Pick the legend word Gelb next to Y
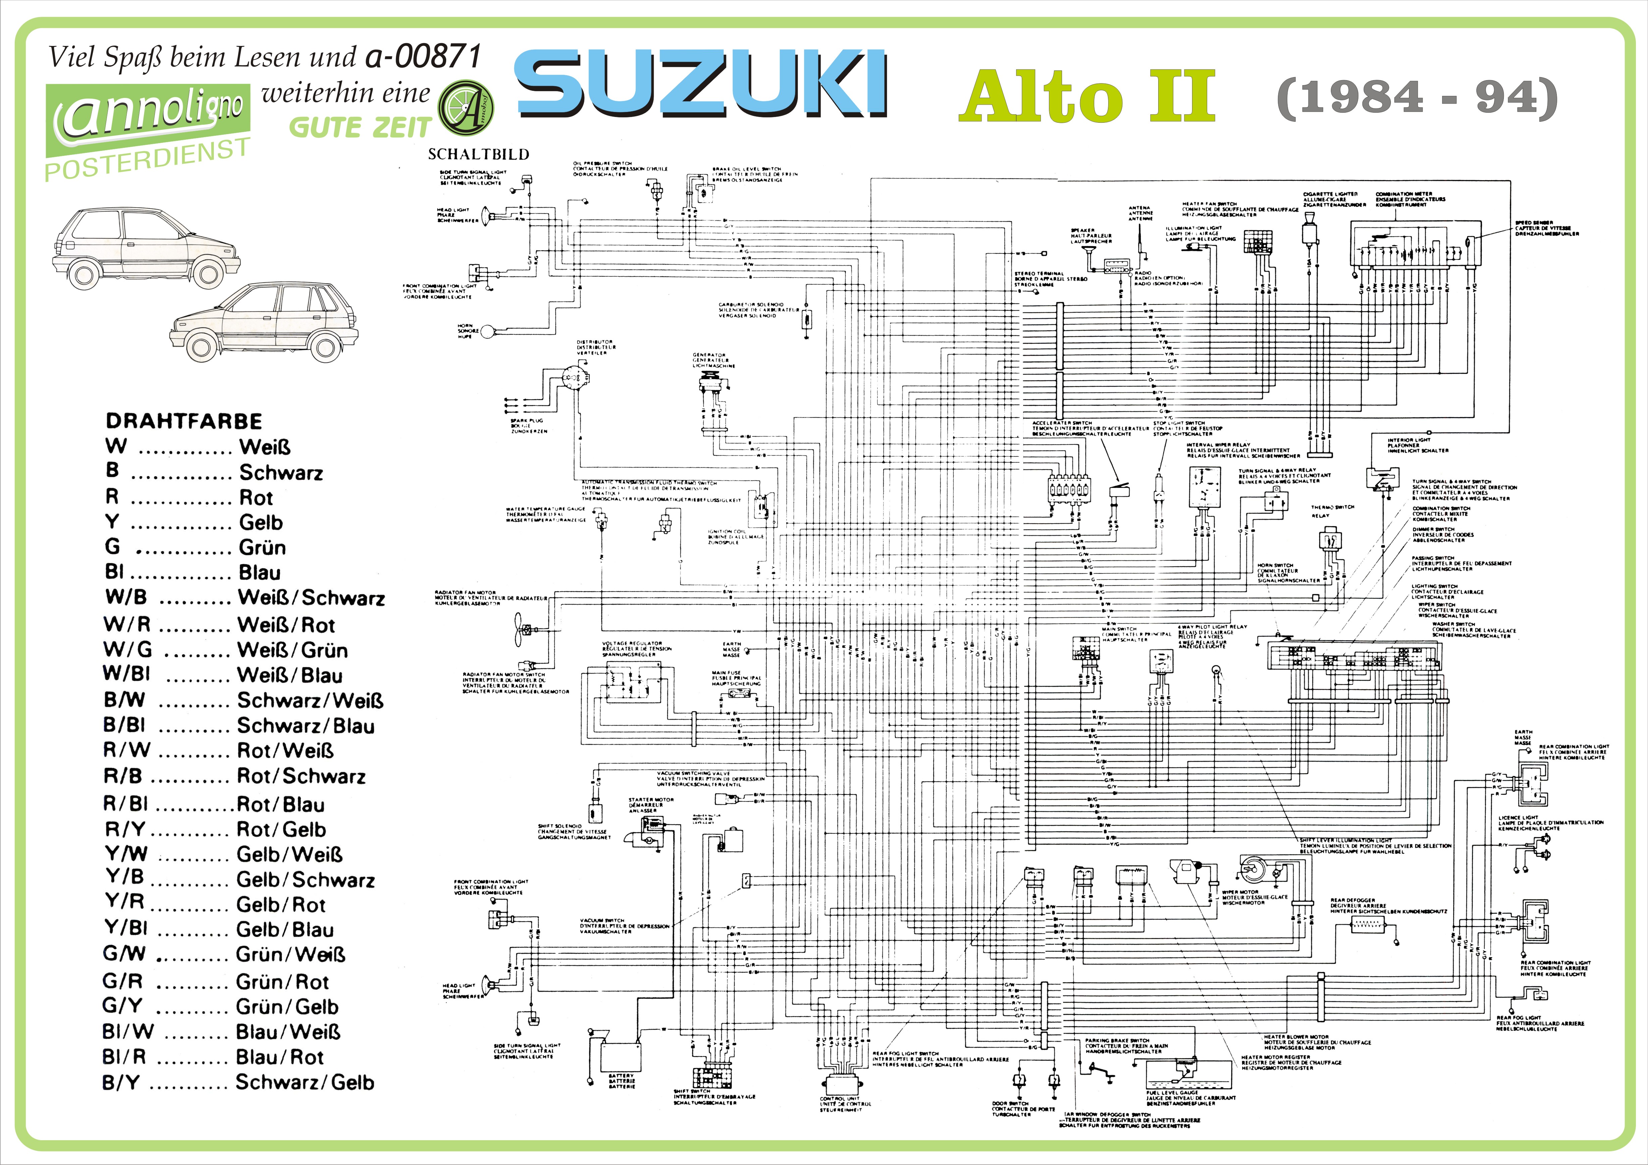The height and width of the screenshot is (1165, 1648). click(260, 522)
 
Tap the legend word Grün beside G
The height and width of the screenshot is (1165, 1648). click(262, 548)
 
